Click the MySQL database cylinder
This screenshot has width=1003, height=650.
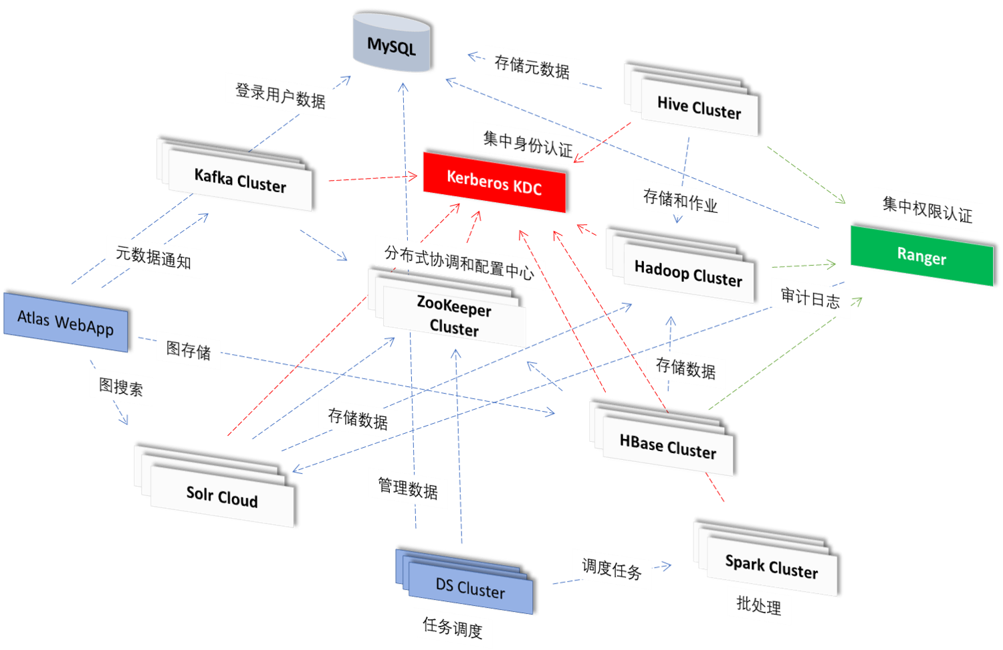point(391,44)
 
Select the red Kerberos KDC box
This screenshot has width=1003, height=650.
point(494,182)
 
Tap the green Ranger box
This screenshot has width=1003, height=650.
point(921,256)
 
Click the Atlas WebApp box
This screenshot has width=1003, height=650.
point(66,322)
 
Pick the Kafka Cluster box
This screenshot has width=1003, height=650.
point(240,181)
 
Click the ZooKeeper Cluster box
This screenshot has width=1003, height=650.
point(454,316)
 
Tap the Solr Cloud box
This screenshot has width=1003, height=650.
point(222,496)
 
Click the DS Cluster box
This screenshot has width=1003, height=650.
point(470,588)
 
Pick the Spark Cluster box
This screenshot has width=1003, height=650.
point(772,566)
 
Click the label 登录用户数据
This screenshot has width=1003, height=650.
point(280,96)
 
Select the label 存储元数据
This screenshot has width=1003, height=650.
point(532,67)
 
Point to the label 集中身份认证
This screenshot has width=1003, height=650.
point(528,143)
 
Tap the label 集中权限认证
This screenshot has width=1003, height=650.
point(927,210)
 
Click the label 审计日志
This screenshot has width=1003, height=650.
point(810,297)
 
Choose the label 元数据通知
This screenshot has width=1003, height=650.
point(153,257)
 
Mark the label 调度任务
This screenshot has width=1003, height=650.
point(612,569)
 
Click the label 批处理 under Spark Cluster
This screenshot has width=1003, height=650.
point(759,606)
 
